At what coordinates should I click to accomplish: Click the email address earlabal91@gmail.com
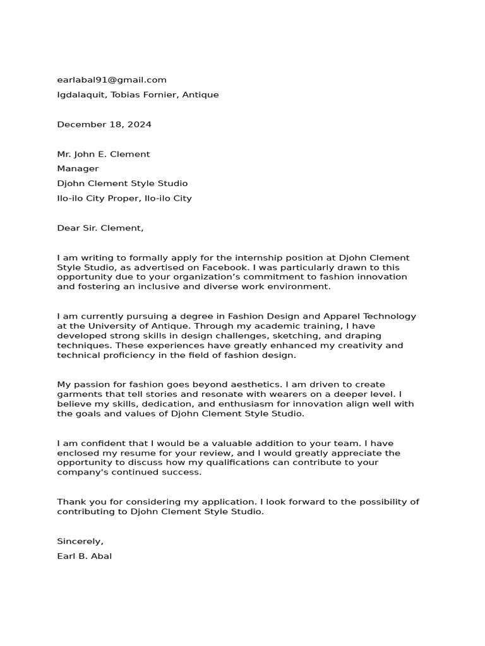tap(112, 79)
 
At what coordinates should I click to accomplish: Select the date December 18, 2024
tap(104, 124)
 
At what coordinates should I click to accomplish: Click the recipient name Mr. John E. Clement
tap(104, 154)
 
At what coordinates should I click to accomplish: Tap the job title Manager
tap(78, 168)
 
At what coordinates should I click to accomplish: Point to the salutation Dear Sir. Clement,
tap(100, 228)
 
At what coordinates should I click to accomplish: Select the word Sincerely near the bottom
tap(80, 541)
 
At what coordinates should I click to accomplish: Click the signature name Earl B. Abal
tap(85, 556)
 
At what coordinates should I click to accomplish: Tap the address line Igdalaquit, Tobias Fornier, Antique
tap(138, 95)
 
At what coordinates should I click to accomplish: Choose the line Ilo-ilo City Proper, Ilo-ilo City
tap(124, 198)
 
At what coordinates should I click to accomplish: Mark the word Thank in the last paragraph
tap(70, 502)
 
